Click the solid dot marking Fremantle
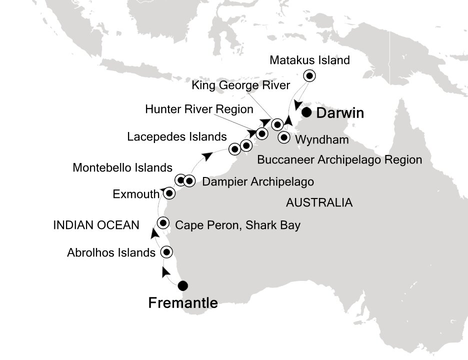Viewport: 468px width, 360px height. point(183,286)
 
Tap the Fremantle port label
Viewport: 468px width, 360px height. point(183,303)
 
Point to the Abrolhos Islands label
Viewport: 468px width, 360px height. point(111,253)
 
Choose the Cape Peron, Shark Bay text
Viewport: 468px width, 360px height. point(238,225)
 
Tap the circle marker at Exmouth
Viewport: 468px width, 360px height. point(169,193)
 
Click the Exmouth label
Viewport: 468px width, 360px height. point(136,193)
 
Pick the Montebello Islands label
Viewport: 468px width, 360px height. point(122,167)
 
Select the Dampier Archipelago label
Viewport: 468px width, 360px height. point(258,181)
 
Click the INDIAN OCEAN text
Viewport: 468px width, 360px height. point(96,225)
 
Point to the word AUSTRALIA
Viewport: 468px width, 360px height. point(319,203)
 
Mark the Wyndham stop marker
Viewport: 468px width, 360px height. point(284,138)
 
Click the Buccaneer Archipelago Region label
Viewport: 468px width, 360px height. point(339,160)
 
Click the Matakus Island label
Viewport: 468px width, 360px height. point(309,60)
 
